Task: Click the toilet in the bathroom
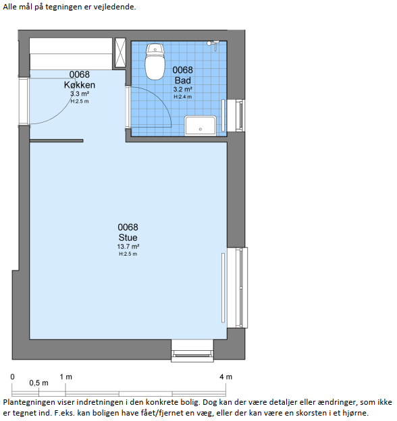155,62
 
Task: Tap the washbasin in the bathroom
201,125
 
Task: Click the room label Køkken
80,85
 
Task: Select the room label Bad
183,80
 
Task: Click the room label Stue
128,237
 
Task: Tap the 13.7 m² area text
128,246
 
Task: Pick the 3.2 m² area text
183,90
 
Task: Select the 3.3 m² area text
80,94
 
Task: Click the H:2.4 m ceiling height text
183,96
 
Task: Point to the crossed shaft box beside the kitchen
120,53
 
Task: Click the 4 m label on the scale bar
226,377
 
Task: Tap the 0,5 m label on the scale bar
39,383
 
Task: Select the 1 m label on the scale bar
65,377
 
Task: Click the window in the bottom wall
192,352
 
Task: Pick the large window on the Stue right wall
238,287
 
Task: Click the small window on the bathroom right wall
236,115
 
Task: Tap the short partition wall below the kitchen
57,141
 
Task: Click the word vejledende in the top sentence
114,7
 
